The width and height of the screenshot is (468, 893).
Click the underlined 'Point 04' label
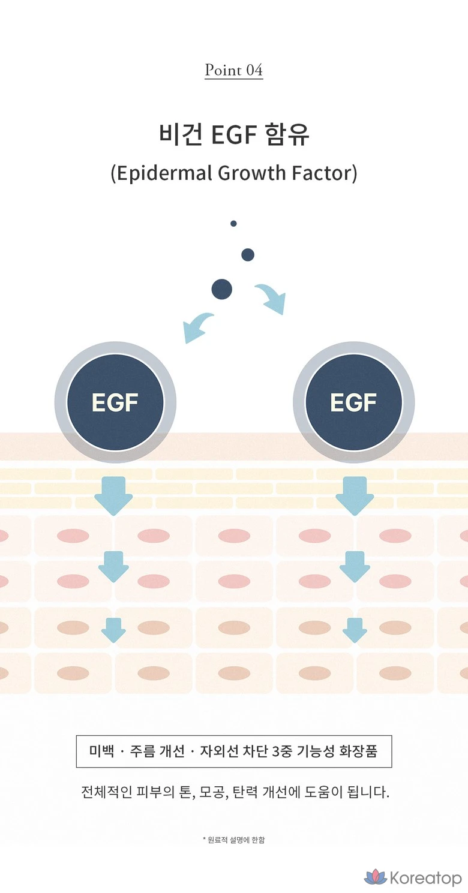coord(233,70)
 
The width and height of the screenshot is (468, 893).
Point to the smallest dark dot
coord(233,224)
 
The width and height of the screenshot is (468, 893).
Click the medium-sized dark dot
coord(248,255)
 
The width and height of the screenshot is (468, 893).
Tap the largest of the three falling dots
coord(221,290)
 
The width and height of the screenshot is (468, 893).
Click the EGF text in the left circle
coord(115,402)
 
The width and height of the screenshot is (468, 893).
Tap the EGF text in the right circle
coord(353,402)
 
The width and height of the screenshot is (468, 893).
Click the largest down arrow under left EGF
coord(113,495)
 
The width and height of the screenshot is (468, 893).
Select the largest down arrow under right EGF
coord(355,495)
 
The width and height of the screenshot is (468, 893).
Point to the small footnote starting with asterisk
coord(233,840)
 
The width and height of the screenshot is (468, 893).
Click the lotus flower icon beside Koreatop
coord(376,877)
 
